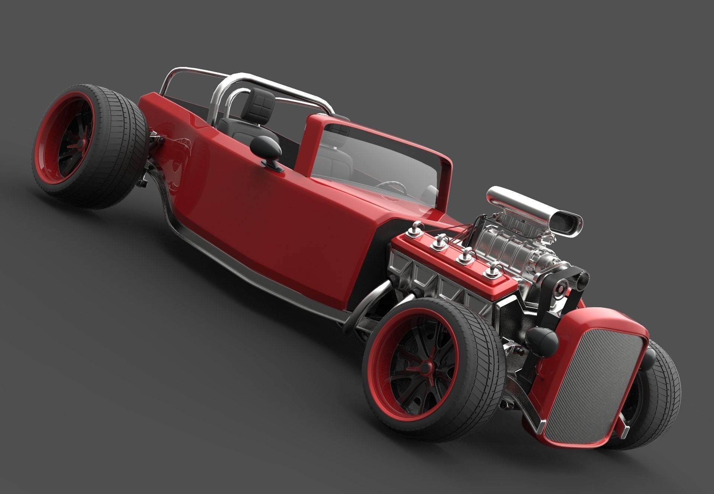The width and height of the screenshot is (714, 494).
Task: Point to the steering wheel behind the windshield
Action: pos(390,186)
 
